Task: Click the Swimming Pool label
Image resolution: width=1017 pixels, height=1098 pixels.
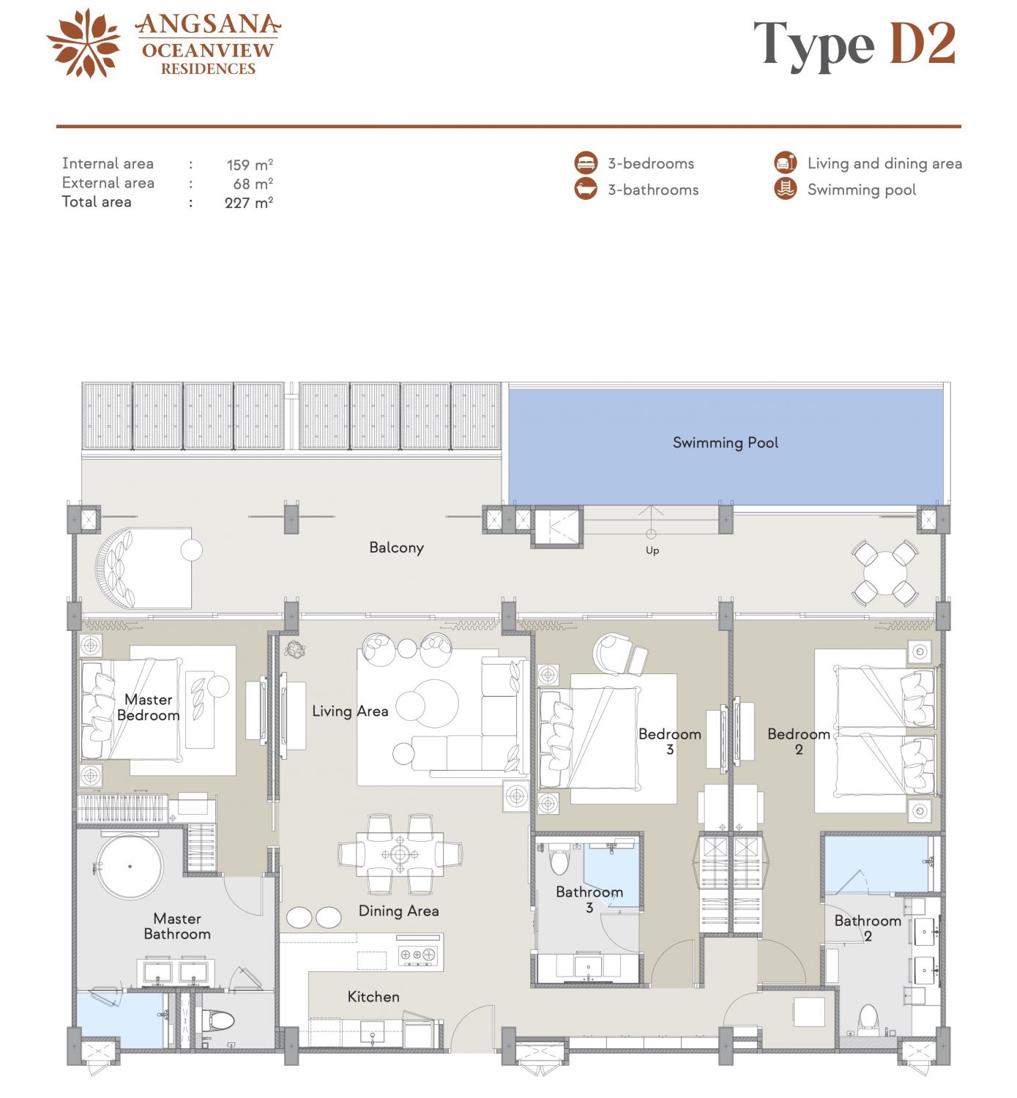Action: tap(725, 442)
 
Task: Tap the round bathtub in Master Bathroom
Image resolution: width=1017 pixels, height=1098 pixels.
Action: tap(130, 867)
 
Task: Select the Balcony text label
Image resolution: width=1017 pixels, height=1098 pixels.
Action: tap(397, 548)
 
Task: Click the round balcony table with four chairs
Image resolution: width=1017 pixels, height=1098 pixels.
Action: tap(884, 572)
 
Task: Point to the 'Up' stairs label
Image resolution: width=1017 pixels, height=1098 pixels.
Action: tap(652, 550)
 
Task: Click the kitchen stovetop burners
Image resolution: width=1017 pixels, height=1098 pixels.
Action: tap(418, 955)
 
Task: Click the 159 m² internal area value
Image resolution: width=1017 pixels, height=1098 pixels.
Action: tap(250, 165)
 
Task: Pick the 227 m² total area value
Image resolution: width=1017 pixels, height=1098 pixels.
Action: tap(249, 202)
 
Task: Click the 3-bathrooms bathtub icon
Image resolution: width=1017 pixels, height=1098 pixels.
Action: tap(586, 189)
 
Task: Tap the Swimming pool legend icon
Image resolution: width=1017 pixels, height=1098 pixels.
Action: tap(786, 189)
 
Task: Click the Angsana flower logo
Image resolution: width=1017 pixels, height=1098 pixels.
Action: tap(84, 43)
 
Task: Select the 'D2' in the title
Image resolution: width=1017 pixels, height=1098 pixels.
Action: tap(923, 43)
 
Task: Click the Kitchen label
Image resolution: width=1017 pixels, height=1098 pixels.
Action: tap(373, 996)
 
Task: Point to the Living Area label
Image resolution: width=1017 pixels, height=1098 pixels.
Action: tap(350, 711)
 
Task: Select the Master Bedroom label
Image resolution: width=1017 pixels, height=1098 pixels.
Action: tap(148, 707)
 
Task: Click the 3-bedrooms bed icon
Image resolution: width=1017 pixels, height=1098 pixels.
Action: tap(586, 163)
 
